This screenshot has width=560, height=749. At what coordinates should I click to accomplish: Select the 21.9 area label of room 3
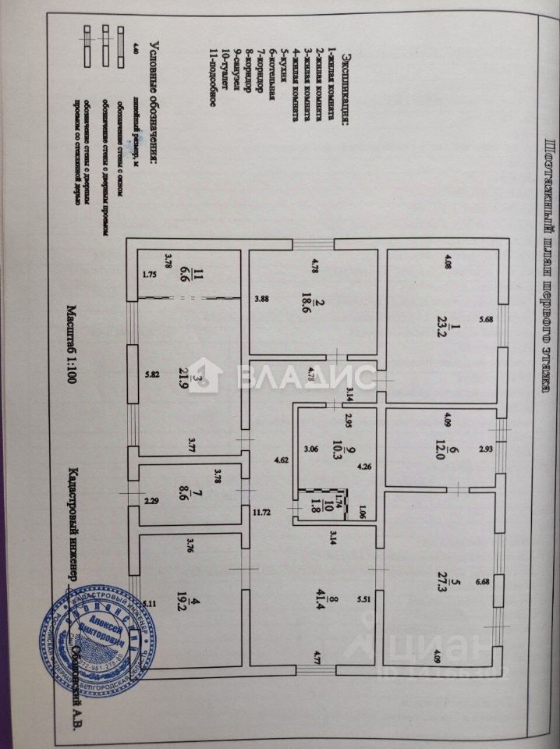(185, 381)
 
